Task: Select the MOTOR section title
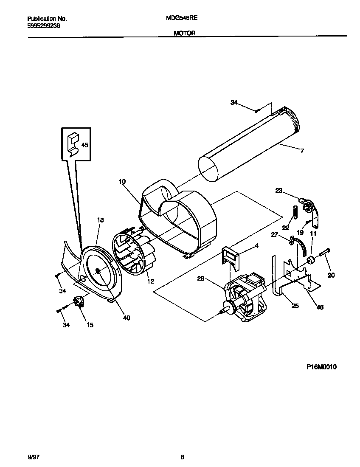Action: point(184,33)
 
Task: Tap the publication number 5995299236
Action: point(43,25)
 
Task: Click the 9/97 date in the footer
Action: point(34,457)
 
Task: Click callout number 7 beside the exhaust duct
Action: point(302,151)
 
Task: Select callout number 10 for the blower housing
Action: point(122,182)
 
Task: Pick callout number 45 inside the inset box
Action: point(84,145)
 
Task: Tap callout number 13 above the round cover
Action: point(100,220)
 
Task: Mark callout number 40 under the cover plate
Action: point(126,318)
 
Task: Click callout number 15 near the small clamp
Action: point(90,325)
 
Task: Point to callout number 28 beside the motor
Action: point(201,279)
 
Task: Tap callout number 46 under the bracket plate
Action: point(320,307)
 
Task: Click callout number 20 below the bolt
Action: point(331,275)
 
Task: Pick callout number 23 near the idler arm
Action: point(278,191)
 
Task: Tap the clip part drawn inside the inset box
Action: point(73,143)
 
